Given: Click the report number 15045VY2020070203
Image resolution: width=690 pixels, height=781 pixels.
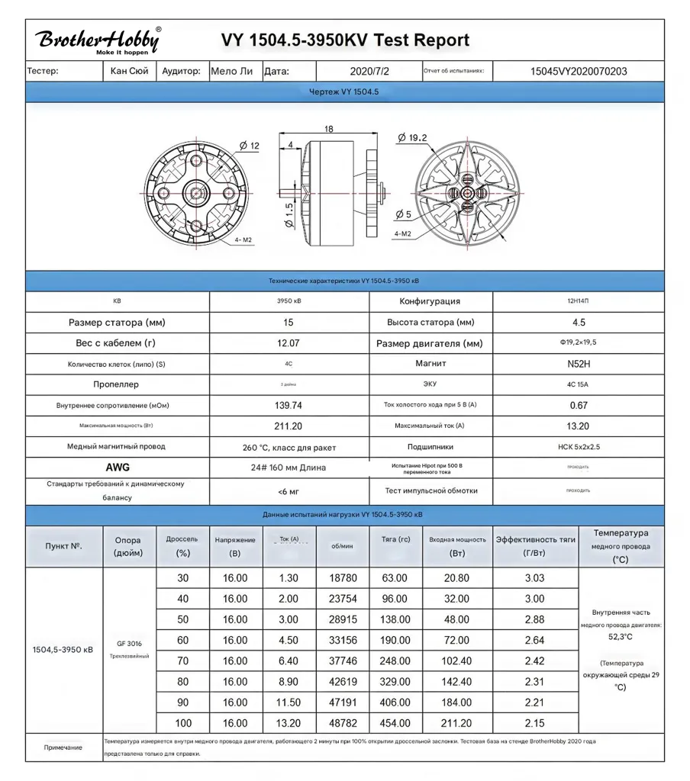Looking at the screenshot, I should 579,72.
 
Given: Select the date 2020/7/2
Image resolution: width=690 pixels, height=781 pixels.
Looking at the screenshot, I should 369,72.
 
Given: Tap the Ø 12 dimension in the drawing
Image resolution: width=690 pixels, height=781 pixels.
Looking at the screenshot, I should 250,146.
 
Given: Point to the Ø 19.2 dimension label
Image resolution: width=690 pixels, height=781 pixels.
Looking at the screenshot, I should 412,138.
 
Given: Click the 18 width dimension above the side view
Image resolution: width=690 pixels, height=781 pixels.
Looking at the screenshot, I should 329,130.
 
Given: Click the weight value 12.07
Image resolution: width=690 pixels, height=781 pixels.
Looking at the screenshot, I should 289,343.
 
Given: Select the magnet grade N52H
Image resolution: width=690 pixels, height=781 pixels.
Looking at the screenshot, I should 578,364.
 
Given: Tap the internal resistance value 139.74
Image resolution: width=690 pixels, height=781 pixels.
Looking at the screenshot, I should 289,405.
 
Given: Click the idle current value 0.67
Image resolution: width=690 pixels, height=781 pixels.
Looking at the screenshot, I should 578,405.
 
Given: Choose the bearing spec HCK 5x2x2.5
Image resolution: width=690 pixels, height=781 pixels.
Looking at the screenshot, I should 578,447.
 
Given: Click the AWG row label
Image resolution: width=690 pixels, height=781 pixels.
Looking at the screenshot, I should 118,467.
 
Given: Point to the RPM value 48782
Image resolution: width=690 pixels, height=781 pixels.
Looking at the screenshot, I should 343,723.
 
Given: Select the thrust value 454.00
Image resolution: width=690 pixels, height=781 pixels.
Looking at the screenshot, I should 395,723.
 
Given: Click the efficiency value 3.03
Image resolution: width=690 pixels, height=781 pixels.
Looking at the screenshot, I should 535,579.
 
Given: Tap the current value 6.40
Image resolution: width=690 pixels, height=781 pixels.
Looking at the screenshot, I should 289,661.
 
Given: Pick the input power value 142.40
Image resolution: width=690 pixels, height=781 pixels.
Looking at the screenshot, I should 457,682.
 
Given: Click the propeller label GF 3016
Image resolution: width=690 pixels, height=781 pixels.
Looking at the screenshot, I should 129,643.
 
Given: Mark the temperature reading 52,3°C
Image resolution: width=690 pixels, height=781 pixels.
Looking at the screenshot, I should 620,636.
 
